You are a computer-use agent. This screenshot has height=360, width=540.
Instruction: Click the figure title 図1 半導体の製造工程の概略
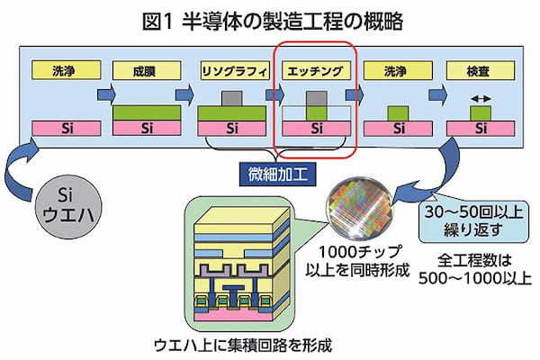pyautogui.click(x=270, y=18)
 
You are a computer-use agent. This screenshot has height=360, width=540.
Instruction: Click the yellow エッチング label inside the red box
pyautogui.click(x=315, y=69)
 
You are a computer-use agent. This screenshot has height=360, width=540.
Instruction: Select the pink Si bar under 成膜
pyautogui.click(x=143, y=129)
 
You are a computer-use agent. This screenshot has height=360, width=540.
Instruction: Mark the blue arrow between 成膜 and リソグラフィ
pyautogui.click(x=187, y=92)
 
